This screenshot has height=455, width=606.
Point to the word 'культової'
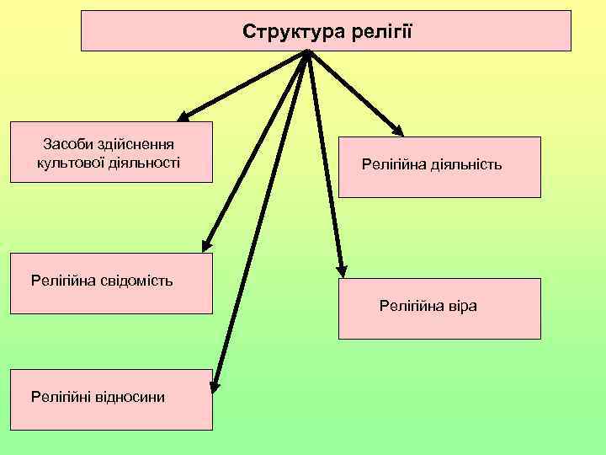pyautogui.click(x=71, y=161)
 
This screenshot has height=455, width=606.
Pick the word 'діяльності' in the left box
pyautogui.click(x=144, y=161)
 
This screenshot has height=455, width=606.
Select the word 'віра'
pyautogui.click(x=461, y=306)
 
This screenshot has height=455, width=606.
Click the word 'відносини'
pyautogui.click(x=129, y=395)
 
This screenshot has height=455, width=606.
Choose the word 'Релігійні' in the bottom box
pyautogui.click(x=60, y=395)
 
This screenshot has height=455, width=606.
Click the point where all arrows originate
pyautogui.click(x=307, y=53)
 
